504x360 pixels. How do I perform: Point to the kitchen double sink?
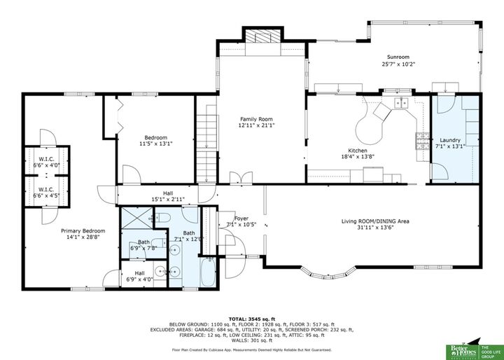click(402, 104)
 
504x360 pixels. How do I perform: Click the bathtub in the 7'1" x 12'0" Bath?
click(209, 272)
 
